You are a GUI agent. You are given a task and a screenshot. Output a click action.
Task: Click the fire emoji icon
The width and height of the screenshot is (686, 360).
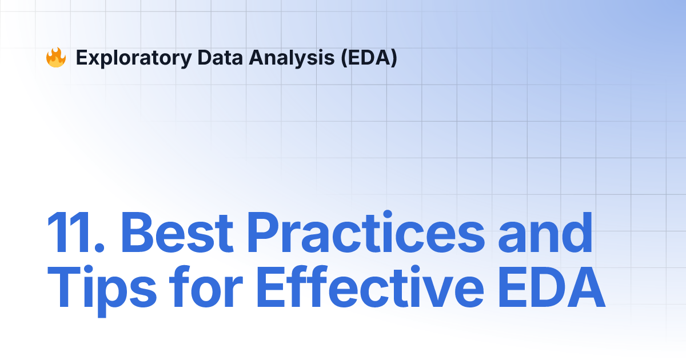pyautogui.click(x=56, y=57)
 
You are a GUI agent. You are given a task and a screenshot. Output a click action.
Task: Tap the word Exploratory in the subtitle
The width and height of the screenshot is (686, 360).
pyautogui.click(x=134, y=58)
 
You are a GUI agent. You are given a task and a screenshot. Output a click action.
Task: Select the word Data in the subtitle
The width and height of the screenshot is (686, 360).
pyautogui.click(x=220, y=58)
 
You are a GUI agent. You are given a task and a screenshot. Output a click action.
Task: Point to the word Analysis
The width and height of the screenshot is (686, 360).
pyautogui.click(x=292, y=58)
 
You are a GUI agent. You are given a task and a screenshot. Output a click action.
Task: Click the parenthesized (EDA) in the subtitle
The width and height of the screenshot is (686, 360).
pyautogui.click(x=369, y=58)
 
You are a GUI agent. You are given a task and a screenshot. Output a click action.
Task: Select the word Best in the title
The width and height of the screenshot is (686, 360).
pyautogui.click(x=177, y=233)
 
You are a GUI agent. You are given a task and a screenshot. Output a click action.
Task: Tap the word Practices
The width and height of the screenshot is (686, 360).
pyautogui.click(x=366, y=232)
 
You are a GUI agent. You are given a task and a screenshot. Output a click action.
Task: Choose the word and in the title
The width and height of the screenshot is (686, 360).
pyautogui.click(x=545, y=233)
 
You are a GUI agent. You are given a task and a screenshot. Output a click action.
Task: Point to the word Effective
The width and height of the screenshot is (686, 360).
pyautogui.click(x=370, y=286)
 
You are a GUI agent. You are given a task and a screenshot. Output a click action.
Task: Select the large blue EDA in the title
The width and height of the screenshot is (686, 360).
pyautogui.click(x=552, y=287)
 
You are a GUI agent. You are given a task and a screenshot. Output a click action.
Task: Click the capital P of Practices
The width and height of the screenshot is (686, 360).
pyautogui.click(x=264, y=233)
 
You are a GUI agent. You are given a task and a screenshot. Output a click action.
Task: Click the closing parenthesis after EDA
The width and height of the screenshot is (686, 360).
pyautogui.click(x=393, y=58)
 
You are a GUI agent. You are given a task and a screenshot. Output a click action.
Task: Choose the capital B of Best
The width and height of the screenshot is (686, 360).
pyautogui.click(x=138, y=233)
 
